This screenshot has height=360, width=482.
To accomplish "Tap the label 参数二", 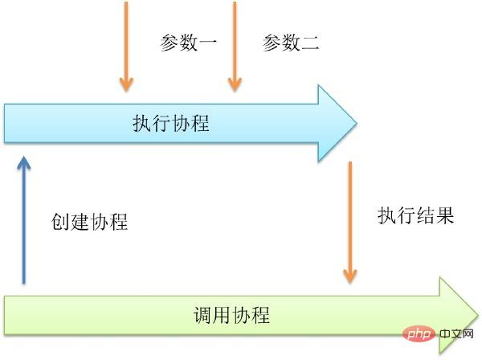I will tap(291, 43).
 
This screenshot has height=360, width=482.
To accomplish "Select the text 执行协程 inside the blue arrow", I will tap(171, 124).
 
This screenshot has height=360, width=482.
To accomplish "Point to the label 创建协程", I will tap(89, 222).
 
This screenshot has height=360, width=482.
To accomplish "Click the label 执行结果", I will tap(416, 215).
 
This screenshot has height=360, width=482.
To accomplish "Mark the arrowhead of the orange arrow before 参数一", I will tap(125, 84).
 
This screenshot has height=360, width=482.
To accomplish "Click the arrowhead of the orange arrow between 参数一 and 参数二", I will tap(234, 84).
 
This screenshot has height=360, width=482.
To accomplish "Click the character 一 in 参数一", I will tap(208, 43).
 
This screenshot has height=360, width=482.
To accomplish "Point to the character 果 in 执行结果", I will tap(445, 215).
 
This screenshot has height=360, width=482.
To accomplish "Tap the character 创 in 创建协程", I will tap(60, 222).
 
